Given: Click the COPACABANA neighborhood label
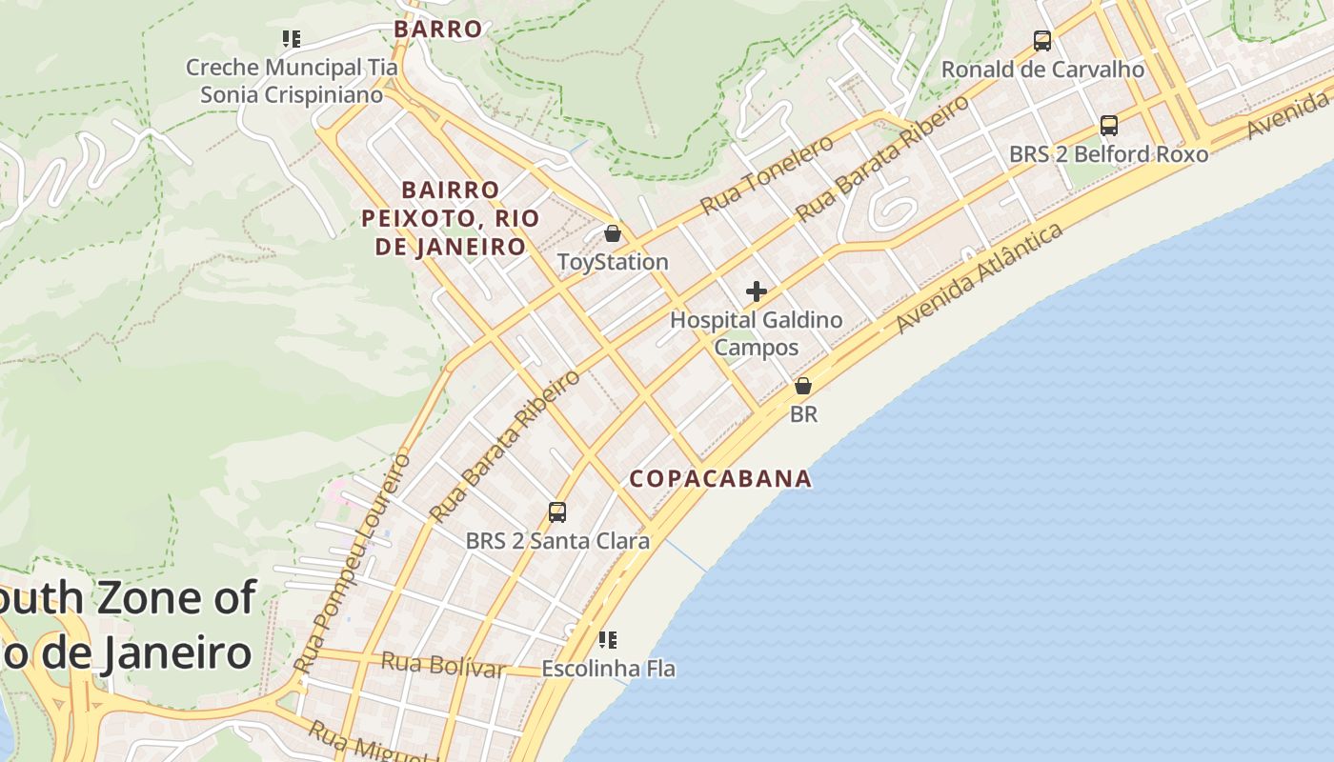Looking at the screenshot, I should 720,478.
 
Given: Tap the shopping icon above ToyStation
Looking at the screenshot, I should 613,233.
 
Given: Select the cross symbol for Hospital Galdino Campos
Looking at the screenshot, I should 757,291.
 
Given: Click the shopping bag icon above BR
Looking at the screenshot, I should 803,386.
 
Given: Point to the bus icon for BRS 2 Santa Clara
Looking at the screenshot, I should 557,512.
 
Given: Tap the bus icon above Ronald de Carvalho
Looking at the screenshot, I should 1042,41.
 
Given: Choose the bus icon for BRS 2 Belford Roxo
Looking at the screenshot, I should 1109,126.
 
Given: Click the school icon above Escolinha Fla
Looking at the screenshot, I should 608,639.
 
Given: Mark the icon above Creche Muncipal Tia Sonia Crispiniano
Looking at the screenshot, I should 292,39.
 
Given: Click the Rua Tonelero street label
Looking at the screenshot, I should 766,174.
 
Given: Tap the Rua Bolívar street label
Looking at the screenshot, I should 443,665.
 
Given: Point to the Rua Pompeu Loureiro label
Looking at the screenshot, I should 354,562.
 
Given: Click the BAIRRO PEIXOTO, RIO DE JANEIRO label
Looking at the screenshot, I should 444,218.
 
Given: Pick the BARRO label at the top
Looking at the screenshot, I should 438,29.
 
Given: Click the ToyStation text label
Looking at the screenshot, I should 613,262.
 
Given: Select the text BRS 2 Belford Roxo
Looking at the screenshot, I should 1108,154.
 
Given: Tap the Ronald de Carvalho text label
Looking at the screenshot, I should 1042,70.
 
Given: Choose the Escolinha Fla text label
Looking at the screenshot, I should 608,669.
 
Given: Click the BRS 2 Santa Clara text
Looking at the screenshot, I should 557,541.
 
